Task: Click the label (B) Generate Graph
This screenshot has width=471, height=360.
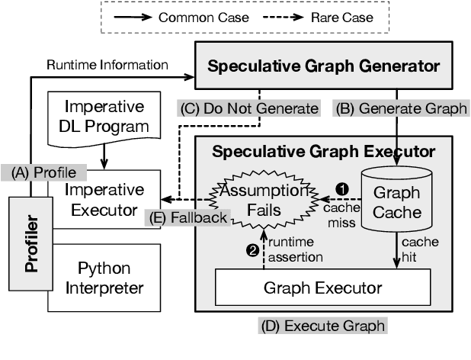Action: tap(402, 108)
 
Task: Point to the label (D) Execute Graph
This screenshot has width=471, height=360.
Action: tap(322, 326)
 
